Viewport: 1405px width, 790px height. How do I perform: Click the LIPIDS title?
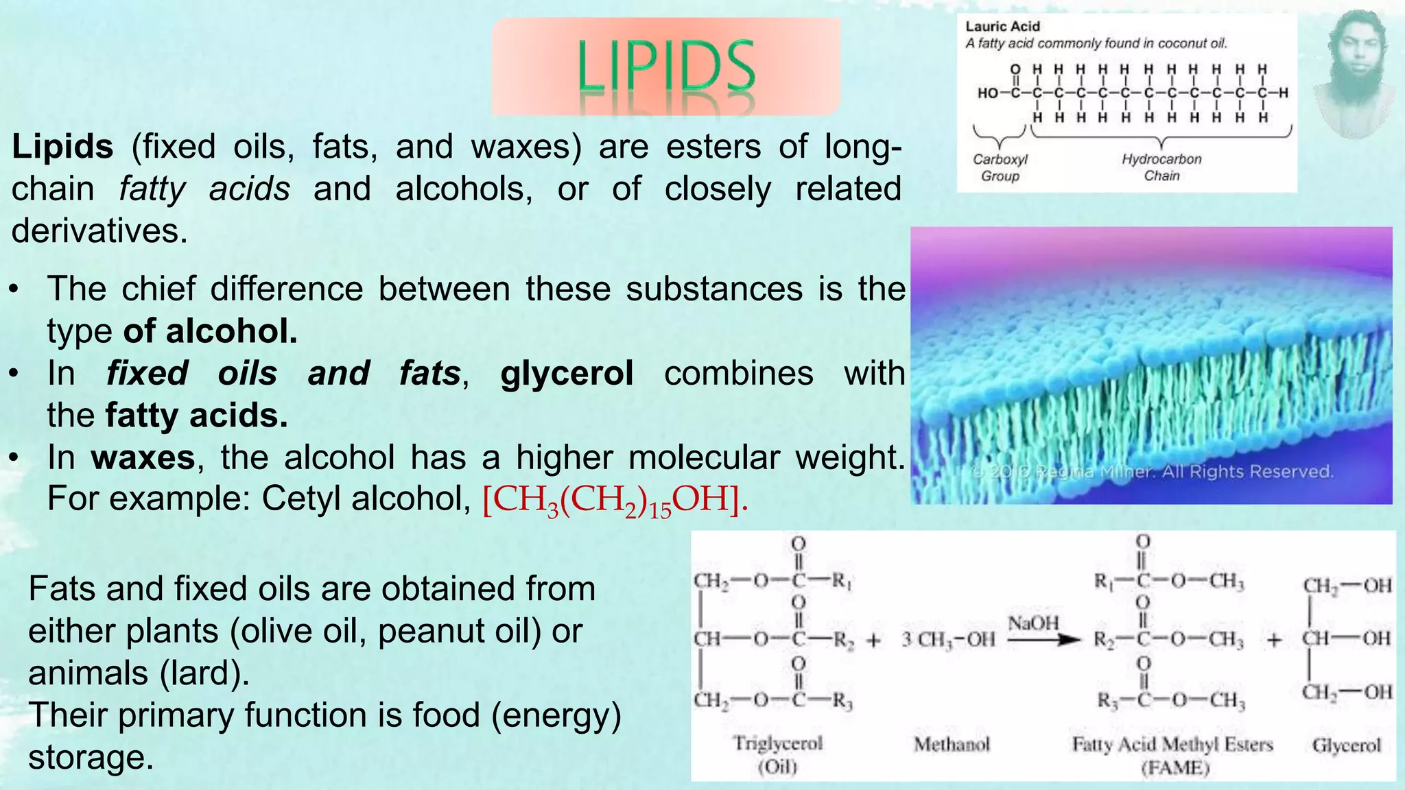(x=665, y=67)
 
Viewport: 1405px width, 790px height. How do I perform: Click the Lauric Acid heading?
(x=1002, y=26)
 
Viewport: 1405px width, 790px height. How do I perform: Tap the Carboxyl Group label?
(x=1000, y=167)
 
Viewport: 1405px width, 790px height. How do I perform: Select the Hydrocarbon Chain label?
(x=1161, y=167)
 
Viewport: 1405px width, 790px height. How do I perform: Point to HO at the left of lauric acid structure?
(x=988, y=93)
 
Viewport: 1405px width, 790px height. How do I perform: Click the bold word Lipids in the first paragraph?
(x=62, y=147)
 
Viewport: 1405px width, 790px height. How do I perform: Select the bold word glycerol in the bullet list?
(x=567, y=374)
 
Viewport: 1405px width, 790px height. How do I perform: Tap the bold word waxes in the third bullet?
(x=143, y=457)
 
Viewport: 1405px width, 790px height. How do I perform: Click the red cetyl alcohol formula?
(x=615, y=500)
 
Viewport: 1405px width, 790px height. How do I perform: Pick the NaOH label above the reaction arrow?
(x=1033, y=623)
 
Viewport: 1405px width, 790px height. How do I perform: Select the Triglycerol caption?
(x=777, y=743)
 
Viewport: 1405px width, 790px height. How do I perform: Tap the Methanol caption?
(x=952, y=744)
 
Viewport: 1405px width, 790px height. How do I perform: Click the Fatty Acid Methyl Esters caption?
(x=1172, y=744)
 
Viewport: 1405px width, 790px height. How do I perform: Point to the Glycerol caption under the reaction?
(x=1346, y=745)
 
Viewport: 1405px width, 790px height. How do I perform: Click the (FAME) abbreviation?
(x=1174, y=767)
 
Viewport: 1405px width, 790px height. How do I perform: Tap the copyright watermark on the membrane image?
(x=1153, y=472)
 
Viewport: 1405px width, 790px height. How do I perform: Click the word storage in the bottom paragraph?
(x=91, y=757)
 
